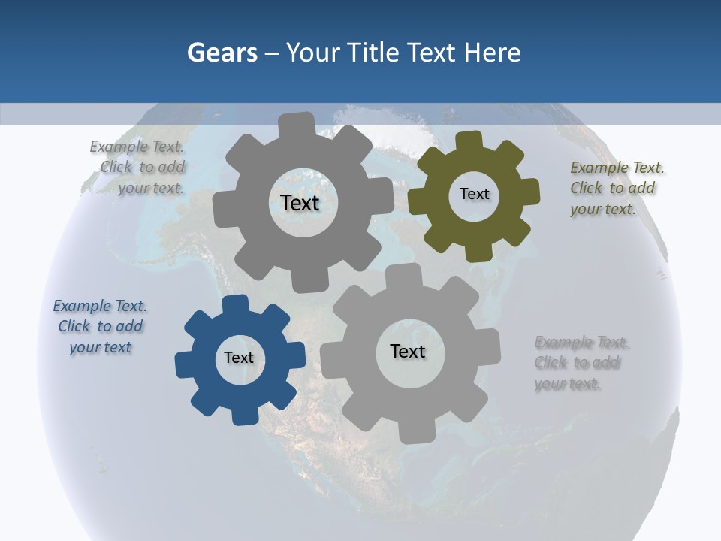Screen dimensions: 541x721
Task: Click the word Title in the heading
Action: pos(373,53)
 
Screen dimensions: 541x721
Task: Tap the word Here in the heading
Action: pos(492,53)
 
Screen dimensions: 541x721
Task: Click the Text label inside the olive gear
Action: pos(475,194)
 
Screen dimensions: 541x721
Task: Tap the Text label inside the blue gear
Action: pos(239,358)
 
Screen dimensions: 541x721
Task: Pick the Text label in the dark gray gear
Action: pos(300,203)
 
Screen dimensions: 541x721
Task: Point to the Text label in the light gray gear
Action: pos(408,352)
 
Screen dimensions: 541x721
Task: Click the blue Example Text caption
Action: pos(100,326)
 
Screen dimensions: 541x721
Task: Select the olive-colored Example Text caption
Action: pos(617,188)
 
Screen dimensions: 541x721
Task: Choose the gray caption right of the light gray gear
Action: pos(581,363)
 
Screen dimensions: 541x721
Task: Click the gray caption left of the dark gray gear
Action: pos(137,168)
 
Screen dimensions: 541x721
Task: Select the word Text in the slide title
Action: pos(430,53)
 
